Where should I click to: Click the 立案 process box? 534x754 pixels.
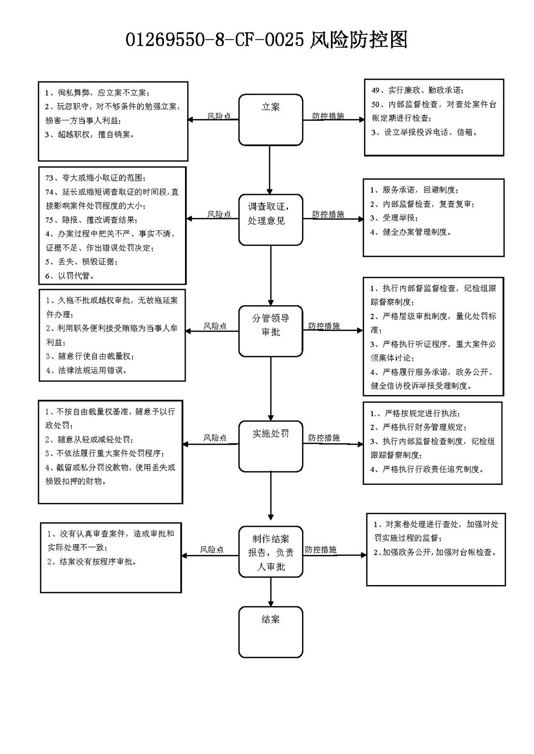tap(270, 120)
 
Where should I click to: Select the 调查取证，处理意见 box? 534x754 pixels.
tap(270, 219)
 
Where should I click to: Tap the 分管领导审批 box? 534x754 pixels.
tap(270, 331)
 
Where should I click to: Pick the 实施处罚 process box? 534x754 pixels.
tap(270, 446)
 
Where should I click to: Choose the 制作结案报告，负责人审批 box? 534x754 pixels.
tap(270, 552)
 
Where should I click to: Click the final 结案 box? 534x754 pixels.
tap(270, 632)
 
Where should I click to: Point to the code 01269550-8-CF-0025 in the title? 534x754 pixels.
tap(215, 40)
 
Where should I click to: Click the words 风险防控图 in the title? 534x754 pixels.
tap(358, 40)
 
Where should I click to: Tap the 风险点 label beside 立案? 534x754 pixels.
tap(219, 116)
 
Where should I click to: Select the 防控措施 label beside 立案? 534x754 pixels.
tap(328, 116)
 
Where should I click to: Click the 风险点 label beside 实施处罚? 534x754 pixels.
tap(215, 437)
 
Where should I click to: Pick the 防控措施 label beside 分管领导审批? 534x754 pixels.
tap(324, 326)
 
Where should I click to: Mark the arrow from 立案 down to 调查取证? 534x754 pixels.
tap(269, 170)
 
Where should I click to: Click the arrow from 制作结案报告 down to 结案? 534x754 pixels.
tap(270, 592)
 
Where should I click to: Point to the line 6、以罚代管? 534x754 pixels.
tap(70, 276)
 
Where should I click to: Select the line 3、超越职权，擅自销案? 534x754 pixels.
tap(90, 135)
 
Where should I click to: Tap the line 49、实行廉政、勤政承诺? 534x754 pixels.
tap(417, 90)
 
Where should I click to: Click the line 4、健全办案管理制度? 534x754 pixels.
tap(411, 232)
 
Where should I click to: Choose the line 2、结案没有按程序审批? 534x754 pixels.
tap(91, 561)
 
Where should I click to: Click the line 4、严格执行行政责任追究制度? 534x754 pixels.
tap(427, 469)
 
